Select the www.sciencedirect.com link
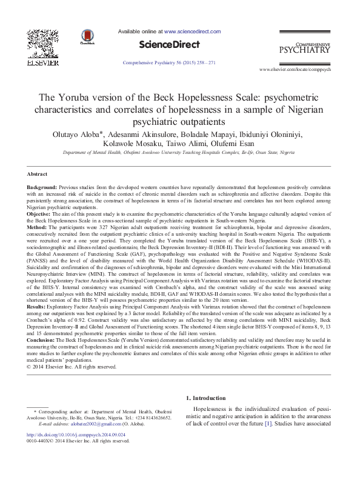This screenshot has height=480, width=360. click(x=192, y=31)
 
